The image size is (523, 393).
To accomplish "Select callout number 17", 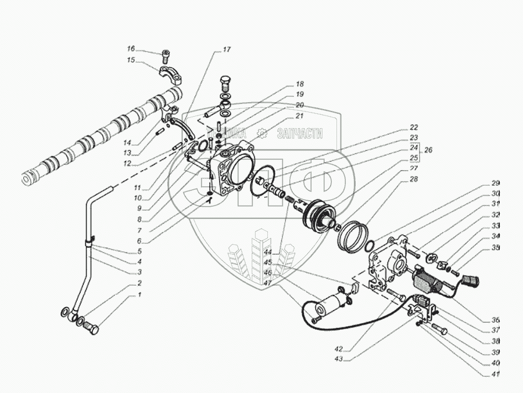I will point(226,49).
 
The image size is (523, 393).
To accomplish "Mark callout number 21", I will point(300,116).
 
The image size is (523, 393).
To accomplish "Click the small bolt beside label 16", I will point(166,56).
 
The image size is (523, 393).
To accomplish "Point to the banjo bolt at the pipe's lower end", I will point(91,330).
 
